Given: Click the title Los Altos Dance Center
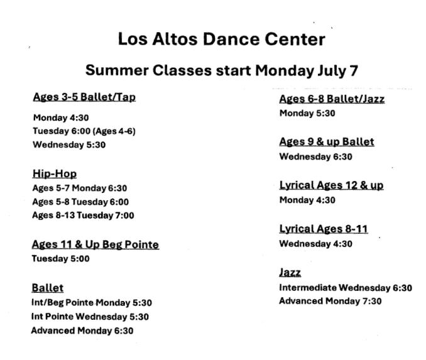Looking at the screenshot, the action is click(221, 39).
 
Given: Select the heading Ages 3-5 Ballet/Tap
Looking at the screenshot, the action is click(84, 97).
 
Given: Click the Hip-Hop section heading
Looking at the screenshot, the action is click(54, 173).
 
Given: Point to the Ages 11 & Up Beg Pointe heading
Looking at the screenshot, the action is click(96, 244).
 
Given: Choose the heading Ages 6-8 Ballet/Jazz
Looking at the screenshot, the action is click(332, 99).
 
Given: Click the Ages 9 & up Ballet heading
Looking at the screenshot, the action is click(327, 142).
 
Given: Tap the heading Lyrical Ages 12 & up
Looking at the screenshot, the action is click(332, 185).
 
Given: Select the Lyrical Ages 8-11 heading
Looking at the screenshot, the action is click(324, 229).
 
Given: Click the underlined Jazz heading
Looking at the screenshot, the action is click(290, 272).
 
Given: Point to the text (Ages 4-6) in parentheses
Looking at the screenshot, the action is click(114, 131).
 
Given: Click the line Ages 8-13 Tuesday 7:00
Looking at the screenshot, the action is click(83, 215).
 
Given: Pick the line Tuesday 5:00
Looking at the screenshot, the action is click(60, 258).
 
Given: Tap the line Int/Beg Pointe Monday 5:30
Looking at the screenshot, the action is click(92, 302).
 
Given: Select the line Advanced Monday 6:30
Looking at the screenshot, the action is click(82, 330).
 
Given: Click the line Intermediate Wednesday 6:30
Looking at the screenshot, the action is click(346, 288).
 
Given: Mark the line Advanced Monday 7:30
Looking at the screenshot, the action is click(330, 301).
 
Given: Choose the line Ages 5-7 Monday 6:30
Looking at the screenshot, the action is click(80, 188).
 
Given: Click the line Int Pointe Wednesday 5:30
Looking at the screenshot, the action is click(90, 317).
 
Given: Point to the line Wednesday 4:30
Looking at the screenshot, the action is click(315, 244).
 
